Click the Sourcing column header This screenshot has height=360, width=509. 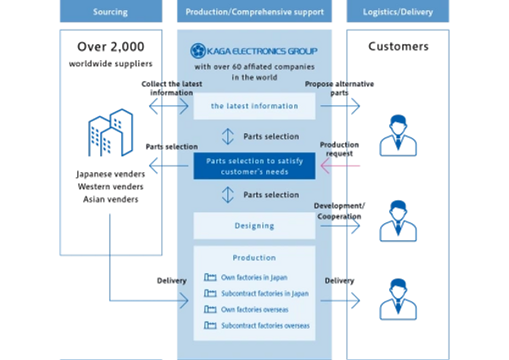110,13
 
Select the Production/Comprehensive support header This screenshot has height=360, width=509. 255,13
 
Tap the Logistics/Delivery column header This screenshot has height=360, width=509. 399,13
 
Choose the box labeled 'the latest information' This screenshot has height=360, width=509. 255,106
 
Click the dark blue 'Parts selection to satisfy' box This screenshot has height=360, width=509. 255,166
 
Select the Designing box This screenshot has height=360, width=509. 255,226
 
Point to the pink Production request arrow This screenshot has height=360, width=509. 339,166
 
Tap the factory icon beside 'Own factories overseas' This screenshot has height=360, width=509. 210,310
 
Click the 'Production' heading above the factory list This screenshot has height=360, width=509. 255,257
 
